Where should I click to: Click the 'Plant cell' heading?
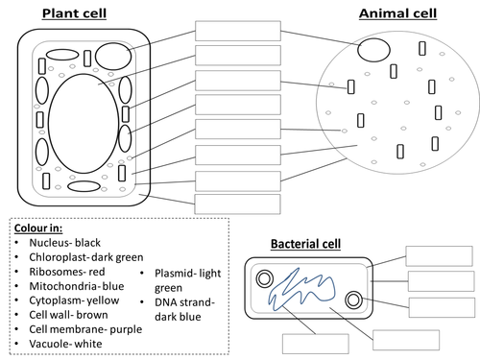point(74,13)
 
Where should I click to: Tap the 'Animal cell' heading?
point(397,13)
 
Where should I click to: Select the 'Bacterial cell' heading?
point(305,244)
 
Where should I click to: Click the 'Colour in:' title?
point(38,228)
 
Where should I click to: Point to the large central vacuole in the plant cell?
point(49,124)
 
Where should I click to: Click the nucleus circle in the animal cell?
point(373,38)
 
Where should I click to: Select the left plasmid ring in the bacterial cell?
point(257,278)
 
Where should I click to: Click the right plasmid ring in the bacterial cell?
point(347,300)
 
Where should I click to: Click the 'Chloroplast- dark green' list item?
point(86,257)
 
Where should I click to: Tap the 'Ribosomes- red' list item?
point(67,272)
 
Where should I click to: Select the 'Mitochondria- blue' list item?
point(77,286)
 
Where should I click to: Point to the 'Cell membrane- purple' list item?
point(85,329)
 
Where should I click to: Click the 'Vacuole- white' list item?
point(65,344)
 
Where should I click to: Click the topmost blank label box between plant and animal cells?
point(238,31)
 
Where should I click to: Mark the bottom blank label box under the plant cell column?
point(238,204)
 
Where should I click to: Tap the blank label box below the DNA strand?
point(316,344)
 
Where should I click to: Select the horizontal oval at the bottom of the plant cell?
point(84,181)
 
